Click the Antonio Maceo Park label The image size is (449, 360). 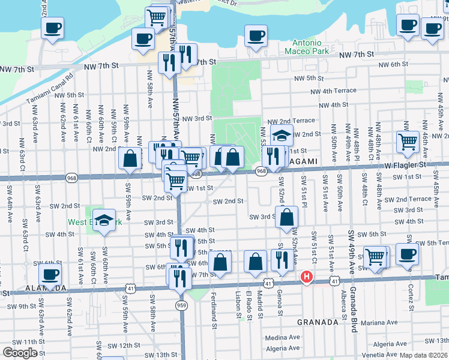(x=315, y=47)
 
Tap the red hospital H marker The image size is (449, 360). (x=306, y=277)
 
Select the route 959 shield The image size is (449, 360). (x=181, y=305)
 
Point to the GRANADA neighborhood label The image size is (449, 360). (x=318, y=322)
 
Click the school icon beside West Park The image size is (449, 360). (x=104, y=219)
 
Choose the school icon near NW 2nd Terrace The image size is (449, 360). (x=281, y=136)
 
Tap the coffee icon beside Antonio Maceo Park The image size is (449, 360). (x=256, y=35)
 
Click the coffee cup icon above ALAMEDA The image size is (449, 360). (x=50, y=275)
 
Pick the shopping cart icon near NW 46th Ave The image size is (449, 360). (x=408, y=142)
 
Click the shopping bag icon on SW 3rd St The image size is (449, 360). (x=287, y=217)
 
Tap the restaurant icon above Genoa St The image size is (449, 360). (x=279, y=260)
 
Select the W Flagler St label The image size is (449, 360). (x=405, y=164)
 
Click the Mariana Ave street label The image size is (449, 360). (x=391, y=323)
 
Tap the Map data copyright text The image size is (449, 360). (x=423, y=355)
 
